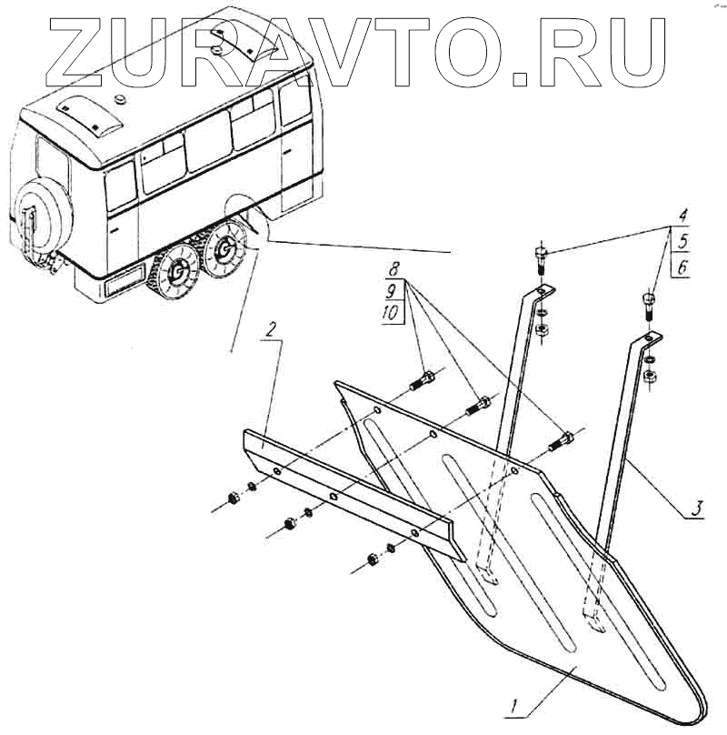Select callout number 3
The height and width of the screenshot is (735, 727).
(694, 505)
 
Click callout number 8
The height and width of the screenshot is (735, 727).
(393, 270)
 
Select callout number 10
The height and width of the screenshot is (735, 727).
(391, 315)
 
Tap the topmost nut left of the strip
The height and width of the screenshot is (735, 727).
(231, 497)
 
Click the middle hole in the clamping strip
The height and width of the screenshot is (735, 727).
(334, 496)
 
